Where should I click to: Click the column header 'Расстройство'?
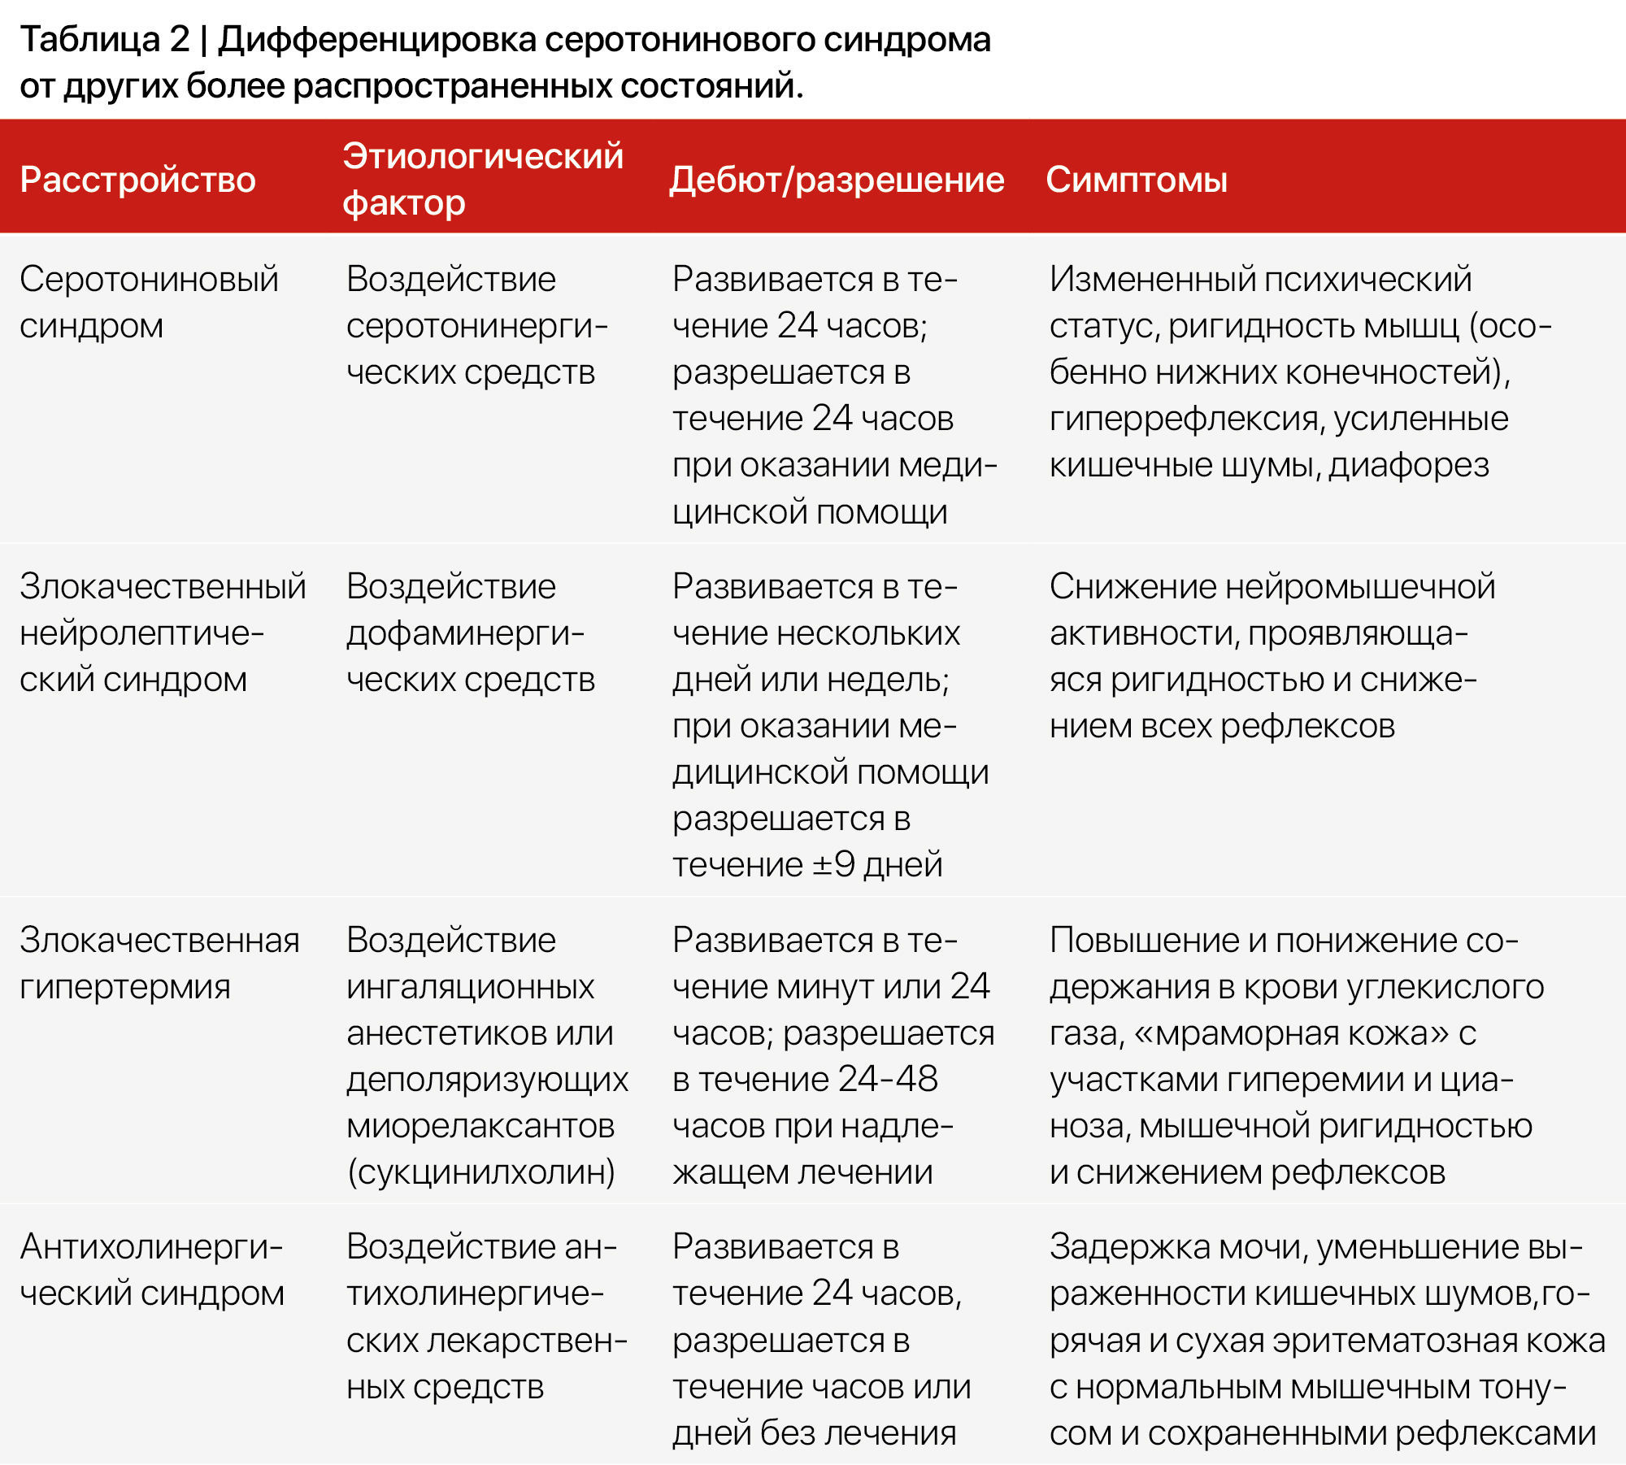point(137,180)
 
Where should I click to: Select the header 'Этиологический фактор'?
point(482,179)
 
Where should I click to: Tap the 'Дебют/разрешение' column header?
point(837,180)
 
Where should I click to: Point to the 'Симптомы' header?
point(1136,180)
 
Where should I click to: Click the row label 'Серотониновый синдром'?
point(149,302)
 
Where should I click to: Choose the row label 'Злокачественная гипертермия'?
point(159,963)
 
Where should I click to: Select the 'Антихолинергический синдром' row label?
point(152,1270)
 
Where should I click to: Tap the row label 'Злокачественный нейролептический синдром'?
point(163,633)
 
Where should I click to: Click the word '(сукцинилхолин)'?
point(481,1172)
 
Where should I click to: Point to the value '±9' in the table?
point(834,865)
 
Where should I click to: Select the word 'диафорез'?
point(1409,465)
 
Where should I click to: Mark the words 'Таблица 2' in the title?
point(104,39)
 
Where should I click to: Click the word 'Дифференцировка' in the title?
point(376,39)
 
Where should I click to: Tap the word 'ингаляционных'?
point(470,987)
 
